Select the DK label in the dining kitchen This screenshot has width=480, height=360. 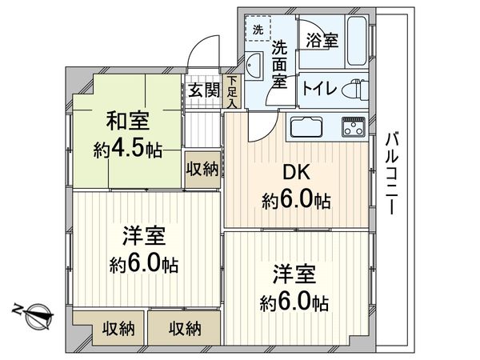click(295, 174)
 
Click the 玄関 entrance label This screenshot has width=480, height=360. click(204, 90)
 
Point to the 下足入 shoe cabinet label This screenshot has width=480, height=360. click(231, 91)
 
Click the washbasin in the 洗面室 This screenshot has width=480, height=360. click(254, 66)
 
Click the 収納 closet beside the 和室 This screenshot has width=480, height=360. click(202, 169)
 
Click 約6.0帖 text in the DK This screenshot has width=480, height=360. click(295, 200)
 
